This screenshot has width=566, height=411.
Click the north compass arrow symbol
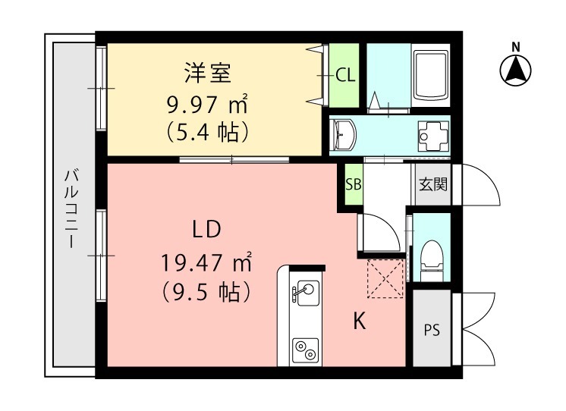pos(515,71)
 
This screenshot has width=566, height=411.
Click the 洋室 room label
pos(206,74)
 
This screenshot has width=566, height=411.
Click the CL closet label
pos(345,75)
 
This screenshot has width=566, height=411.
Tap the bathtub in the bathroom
pos(429,74)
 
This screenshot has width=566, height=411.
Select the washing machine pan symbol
pos(433,135)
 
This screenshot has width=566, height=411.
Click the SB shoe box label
pos(353,184)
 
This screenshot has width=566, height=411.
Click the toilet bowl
pos(431,255)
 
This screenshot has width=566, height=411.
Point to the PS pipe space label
pos(432,331)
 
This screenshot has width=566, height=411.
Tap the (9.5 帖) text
pos(206,290)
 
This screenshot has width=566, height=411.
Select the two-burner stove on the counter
pos(307,350)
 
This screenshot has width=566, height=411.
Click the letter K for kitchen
pos(360,322)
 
